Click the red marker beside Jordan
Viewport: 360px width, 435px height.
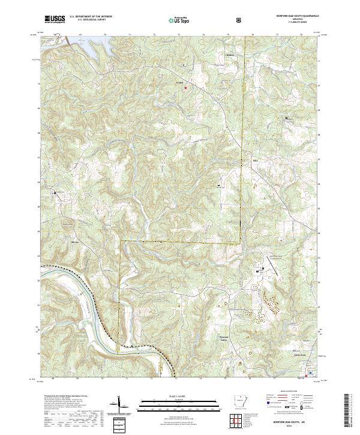point(185,88)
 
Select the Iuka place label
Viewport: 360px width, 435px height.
point(254,161)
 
